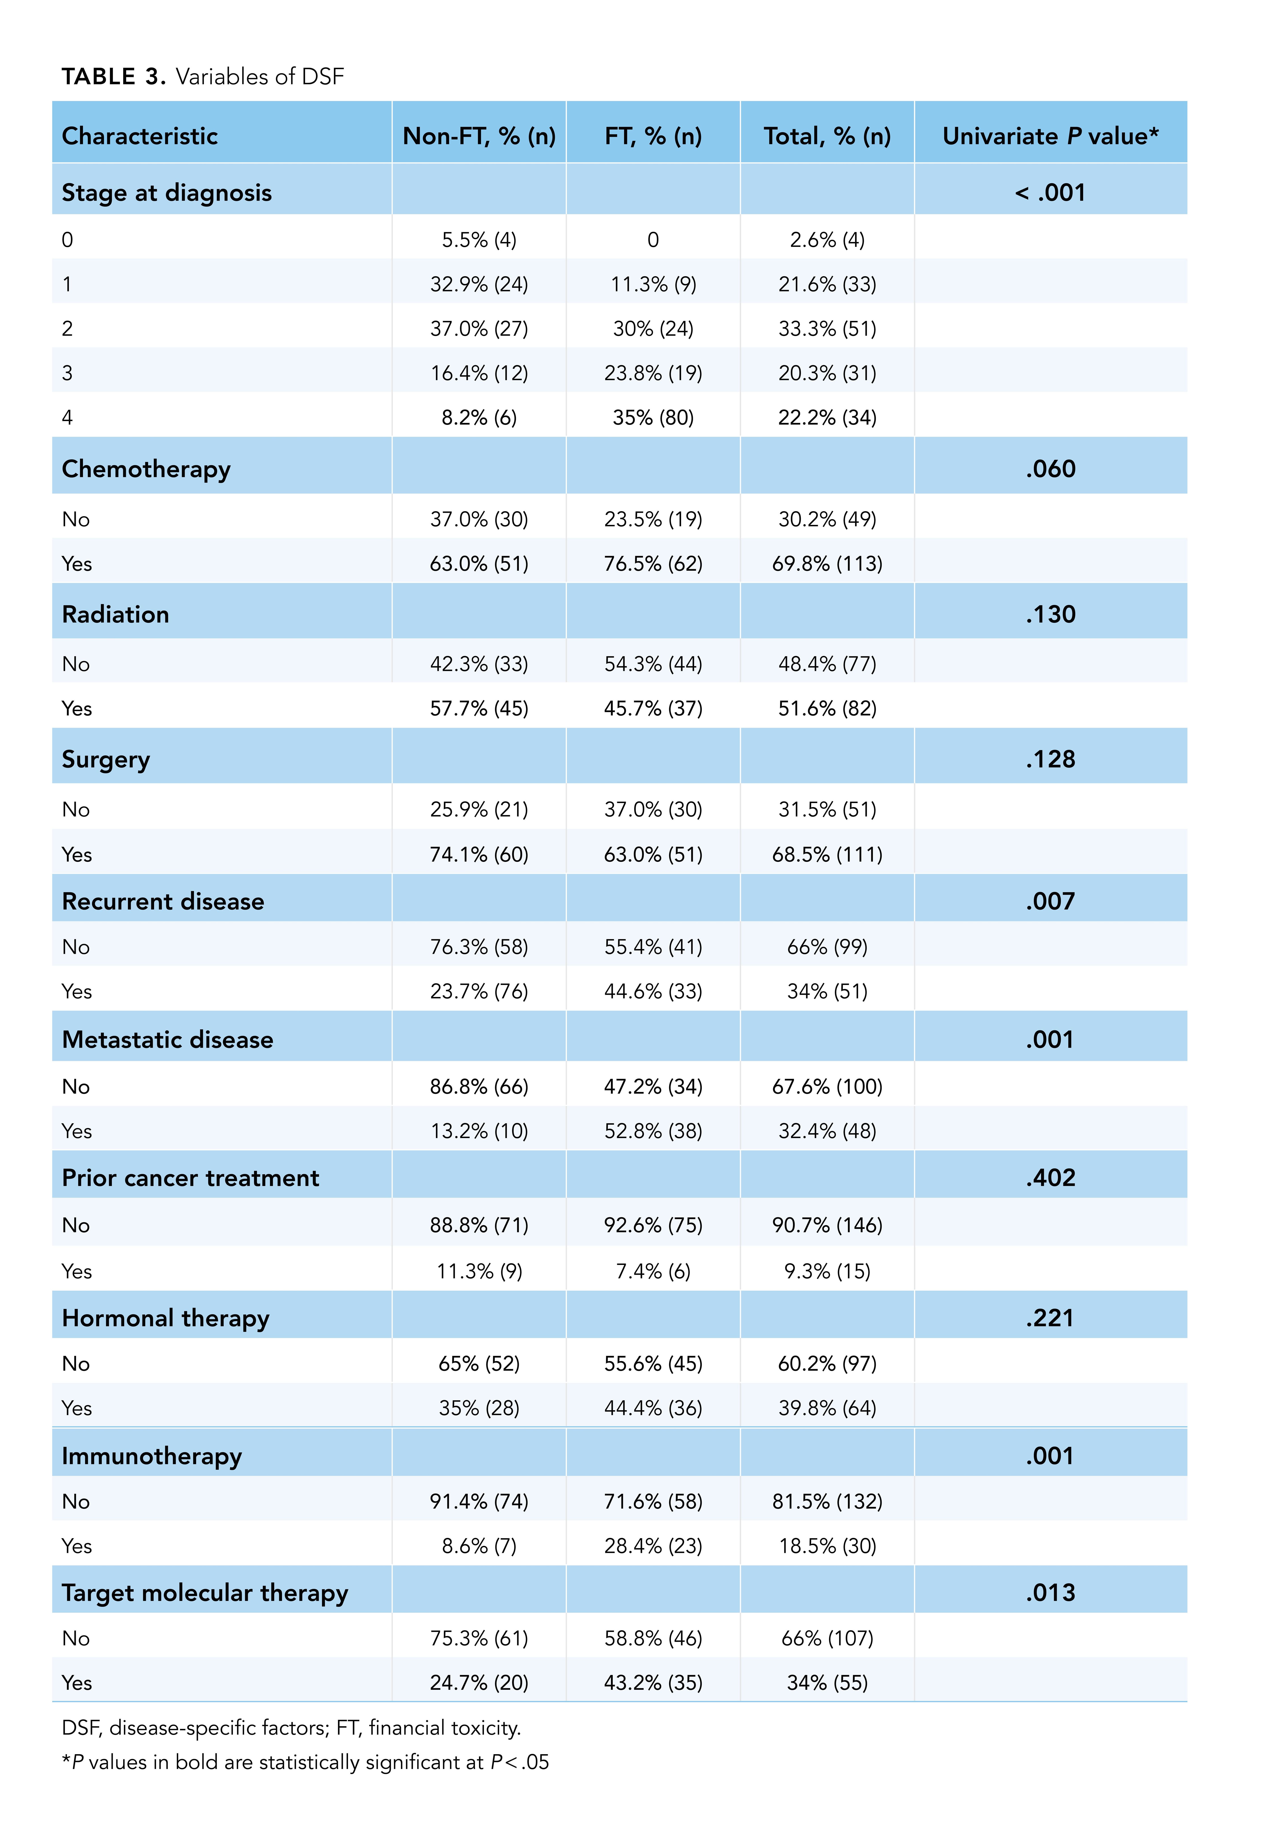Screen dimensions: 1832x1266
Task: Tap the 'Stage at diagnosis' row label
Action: pyautogui.click(x=167, y=193)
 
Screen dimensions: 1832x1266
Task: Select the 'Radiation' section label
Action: pyautogui.click(x=116, y=615)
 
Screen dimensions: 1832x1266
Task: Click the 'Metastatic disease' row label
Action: pyautogui.click(x=167, y=1040)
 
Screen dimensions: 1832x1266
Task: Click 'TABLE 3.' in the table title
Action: pyautogui.click(x=113, y=77)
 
